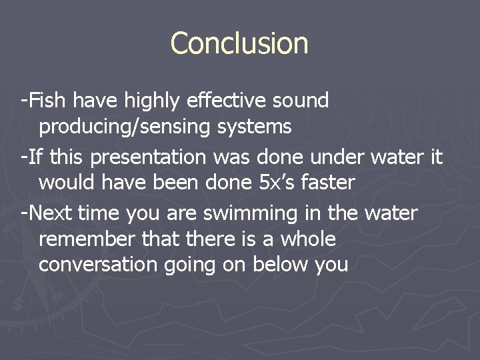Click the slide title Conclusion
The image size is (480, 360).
coord(239,43)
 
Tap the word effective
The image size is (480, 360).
coord(227,101)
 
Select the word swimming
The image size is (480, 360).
coord(251,214)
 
